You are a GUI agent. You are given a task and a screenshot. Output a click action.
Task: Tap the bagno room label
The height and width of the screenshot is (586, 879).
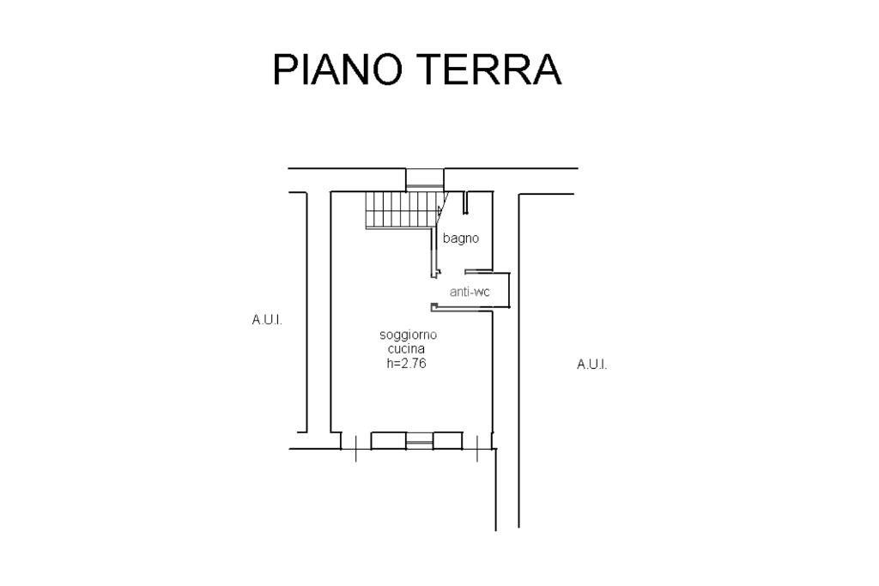pyautogui.click(x=461, y=239)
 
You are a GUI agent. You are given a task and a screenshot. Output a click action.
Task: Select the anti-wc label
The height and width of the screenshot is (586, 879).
pyautogui.click(x=470, y=292)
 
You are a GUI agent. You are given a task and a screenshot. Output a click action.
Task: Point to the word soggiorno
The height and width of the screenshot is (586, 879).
pyautogui.click(x=409, y=335)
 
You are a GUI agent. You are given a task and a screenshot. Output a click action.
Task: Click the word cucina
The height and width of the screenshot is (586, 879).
pyautogui.click(x=406, y=349)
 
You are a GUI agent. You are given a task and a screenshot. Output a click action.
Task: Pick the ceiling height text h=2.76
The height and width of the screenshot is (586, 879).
pyautogui.click(x=407, y=363)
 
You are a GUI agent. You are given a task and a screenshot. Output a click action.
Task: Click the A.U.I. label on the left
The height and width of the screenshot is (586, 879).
pyautogui.click(x=267, y=320)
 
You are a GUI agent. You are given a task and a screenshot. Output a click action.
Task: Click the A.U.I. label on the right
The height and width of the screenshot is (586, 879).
pyautogui.click(x=591, y=365)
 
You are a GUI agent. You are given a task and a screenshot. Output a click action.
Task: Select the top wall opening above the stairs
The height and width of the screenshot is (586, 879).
pyautogui.click(x=425, y=178)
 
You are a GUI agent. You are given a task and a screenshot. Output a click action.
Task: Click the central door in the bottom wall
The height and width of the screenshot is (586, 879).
pyautogui.click(x=419, y=442)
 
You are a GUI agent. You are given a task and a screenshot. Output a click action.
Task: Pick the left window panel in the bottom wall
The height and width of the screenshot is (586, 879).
pyautogui.click(x=388, y=440)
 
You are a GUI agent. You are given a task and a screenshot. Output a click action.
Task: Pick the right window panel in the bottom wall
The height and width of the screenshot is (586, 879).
pyautogui.click(x=447, y=440)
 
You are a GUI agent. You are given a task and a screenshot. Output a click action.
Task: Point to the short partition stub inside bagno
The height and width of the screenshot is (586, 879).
pyautogui.click(x=464, y=203)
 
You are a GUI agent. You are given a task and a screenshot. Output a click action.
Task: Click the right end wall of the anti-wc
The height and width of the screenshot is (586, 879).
pyautogui.click(x=510, y=290)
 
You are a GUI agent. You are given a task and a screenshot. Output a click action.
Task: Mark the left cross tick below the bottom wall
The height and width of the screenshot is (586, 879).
pyautogui.click(x=355, y=449)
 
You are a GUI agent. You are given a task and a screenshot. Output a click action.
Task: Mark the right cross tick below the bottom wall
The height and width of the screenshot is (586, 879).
pyautogui.click(x=476, y=449)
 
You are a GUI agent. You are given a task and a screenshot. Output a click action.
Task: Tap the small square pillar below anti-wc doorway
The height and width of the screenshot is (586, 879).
pyautogui.click(x=434, y=307)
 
